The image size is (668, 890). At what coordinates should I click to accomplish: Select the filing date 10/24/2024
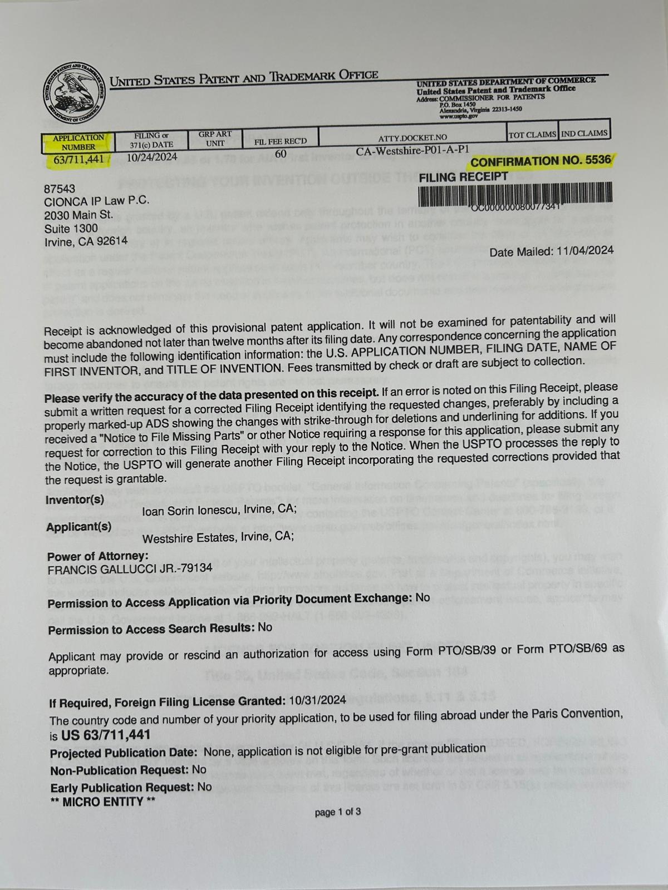point(152,157)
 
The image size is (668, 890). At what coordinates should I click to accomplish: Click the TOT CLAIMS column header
point(532,134)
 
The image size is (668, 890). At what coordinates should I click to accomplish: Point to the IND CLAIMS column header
point(584,133)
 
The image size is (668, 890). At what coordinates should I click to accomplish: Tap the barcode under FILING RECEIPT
point(515,194)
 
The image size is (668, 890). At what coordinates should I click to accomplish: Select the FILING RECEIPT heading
point(463,177)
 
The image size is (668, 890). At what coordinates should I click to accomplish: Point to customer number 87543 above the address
point(60,189)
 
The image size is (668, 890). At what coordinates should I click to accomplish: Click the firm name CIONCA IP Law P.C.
point(89,201)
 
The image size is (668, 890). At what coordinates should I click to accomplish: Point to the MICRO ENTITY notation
point(102,802)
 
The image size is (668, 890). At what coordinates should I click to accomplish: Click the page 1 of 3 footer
point(337,812)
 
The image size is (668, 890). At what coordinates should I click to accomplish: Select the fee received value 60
point(281,154)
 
